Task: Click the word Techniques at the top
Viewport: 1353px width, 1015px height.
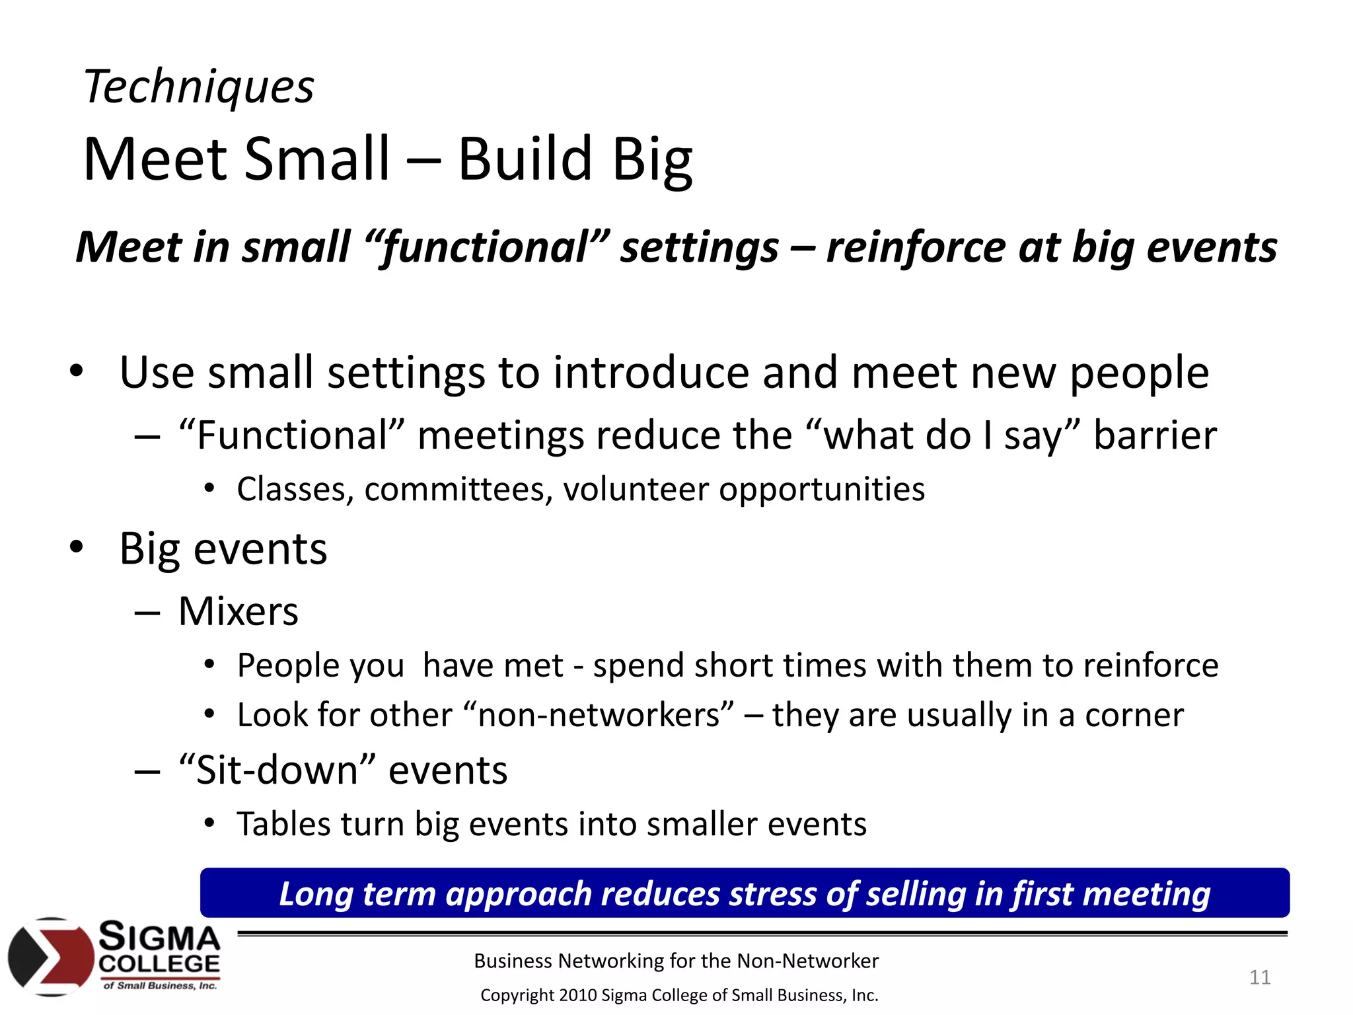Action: click(198, 87)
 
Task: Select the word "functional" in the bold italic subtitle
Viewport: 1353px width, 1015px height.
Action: click(486, 248)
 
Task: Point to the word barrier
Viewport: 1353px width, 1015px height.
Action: click(1154, 435)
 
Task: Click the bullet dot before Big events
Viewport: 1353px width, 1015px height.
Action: click(77, 547)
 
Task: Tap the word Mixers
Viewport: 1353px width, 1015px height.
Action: click(238, 611)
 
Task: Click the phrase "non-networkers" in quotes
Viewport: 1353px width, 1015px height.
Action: click(599, 715)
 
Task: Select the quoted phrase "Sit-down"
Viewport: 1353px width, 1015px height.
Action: click(277, 771)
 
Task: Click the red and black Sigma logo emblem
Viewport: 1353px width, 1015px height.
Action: click(52, 956)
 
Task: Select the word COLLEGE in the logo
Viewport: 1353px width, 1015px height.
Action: click(159, 964)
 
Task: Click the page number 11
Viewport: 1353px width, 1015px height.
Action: click(1259, 977)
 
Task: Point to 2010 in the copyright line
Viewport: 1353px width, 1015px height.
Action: click(577, 995)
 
